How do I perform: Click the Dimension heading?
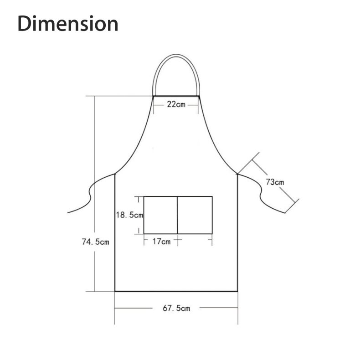coord(68,23)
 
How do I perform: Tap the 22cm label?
coord(176,104)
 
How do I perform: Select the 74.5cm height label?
coord(96,242)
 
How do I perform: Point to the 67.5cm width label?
coord(176,308)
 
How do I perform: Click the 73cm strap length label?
coord(275,182)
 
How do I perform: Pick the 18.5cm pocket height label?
coord(129,215)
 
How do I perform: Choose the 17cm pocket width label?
coord(161,242)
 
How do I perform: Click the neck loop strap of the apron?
coord(176,55)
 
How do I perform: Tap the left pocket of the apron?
coord(161,215)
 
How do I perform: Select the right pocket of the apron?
coord(195,215)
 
